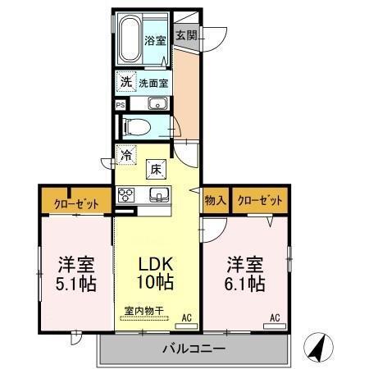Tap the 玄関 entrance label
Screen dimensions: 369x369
[x=186, y=35]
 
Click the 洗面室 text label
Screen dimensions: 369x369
[x=153, y=83]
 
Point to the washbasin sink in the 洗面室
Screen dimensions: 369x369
[x=158, y=103]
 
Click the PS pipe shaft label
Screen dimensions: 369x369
[x=120, y=104]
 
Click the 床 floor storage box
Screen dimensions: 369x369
[x=155, y=169]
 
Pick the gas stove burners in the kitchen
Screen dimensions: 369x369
[x=127, y=194]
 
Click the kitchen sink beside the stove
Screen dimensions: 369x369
[x=159, y=194]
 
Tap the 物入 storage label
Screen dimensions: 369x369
[x=214, y=199]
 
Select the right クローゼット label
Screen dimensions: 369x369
[x=260, y=199]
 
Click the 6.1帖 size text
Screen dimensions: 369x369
[x=245, y=285]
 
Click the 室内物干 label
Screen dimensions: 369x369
[x=143, y=311]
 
